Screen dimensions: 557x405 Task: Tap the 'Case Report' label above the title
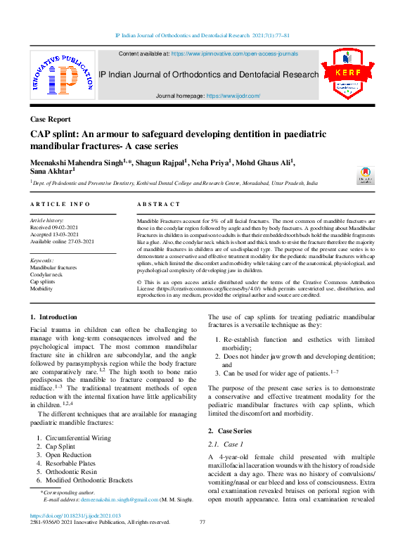(51, 119)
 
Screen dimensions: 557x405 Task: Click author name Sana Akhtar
(52, 170)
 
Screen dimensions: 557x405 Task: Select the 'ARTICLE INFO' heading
(60, 204)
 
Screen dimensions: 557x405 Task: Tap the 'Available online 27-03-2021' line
(62, 241)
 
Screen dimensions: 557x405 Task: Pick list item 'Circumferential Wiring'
(78, 438)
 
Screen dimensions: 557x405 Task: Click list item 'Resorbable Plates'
(70, 463)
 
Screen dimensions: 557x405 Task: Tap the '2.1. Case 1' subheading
(226, 444)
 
